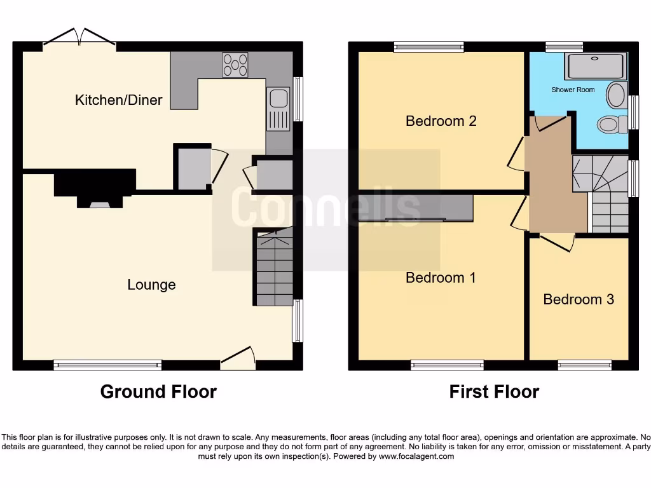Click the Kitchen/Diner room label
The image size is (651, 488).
[118, 100]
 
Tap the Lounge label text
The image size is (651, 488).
[151, 285]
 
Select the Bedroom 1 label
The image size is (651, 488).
[441, 278]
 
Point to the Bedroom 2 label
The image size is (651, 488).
[441, 121]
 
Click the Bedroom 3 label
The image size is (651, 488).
[579, 299]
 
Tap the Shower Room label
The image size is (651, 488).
[573, 90]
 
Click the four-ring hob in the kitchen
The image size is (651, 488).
[235, 64]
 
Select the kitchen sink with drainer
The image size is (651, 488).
[278, 109]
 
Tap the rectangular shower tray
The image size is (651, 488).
[596, 65]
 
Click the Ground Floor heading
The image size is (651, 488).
[158, 392]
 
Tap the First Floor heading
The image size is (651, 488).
[494, 392]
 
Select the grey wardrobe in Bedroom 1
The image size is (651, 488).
[416, 208]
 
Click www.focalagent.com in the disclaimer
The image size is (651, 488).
[416, 456]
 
